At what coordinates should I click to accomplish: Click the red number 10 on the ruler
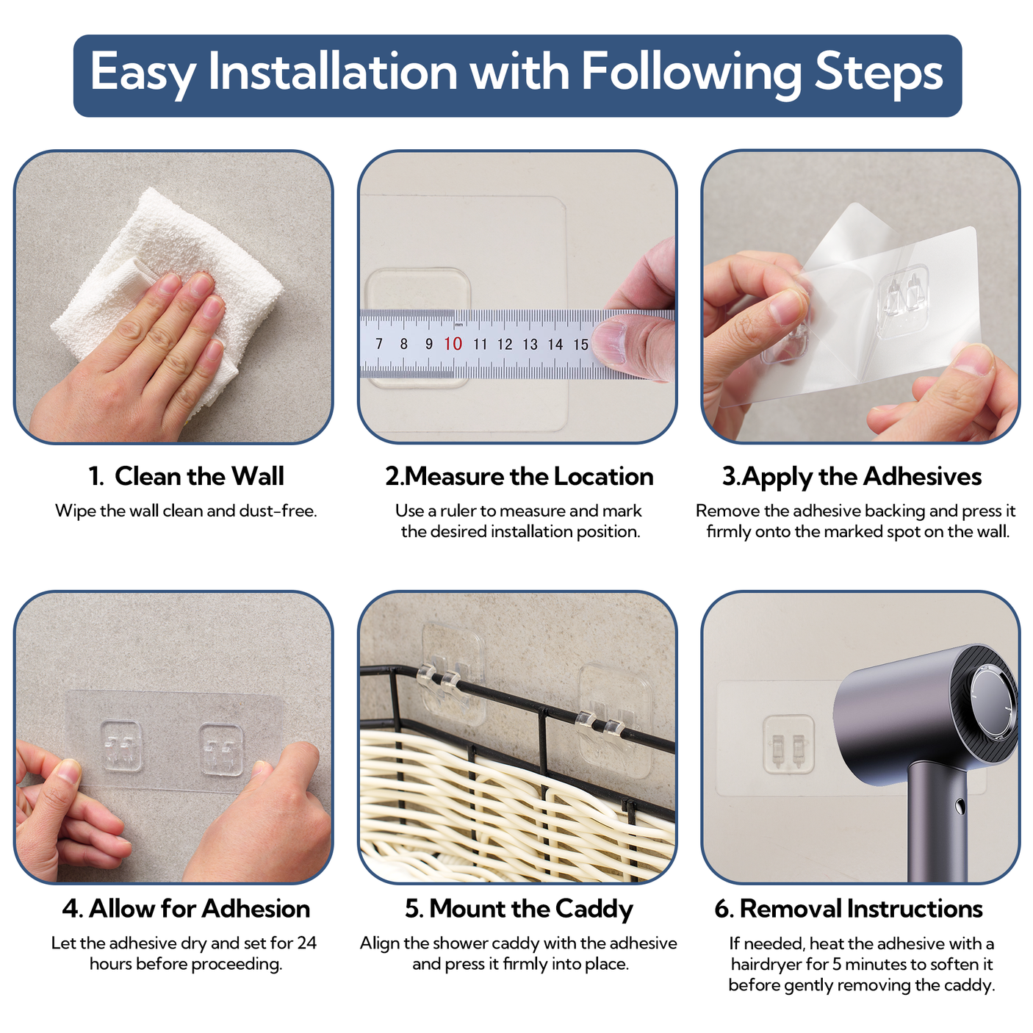(453, 344)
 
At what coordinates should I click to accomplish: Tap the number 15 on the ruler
(580, 344)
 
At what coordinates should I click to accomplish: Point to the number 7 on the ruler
(379, 343)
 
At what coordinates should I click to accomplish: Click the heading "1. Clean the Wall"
(186, 476)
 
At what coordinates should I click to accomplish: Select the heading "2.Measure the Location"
(519, 476)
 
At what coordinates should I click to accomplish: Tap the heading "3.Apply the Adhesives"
(852, 477)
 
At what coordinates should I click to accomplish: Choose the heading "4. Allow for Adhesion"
(186, 908)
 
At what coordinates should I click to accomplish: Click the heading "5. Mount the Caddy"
(519, 909)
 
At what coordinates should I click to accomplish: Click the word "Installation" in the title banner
(332, 71)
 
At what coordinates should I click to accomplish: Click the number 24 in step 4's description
(306, 943)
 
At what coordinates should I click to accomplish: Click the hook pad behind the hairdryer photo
(788, 744)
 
